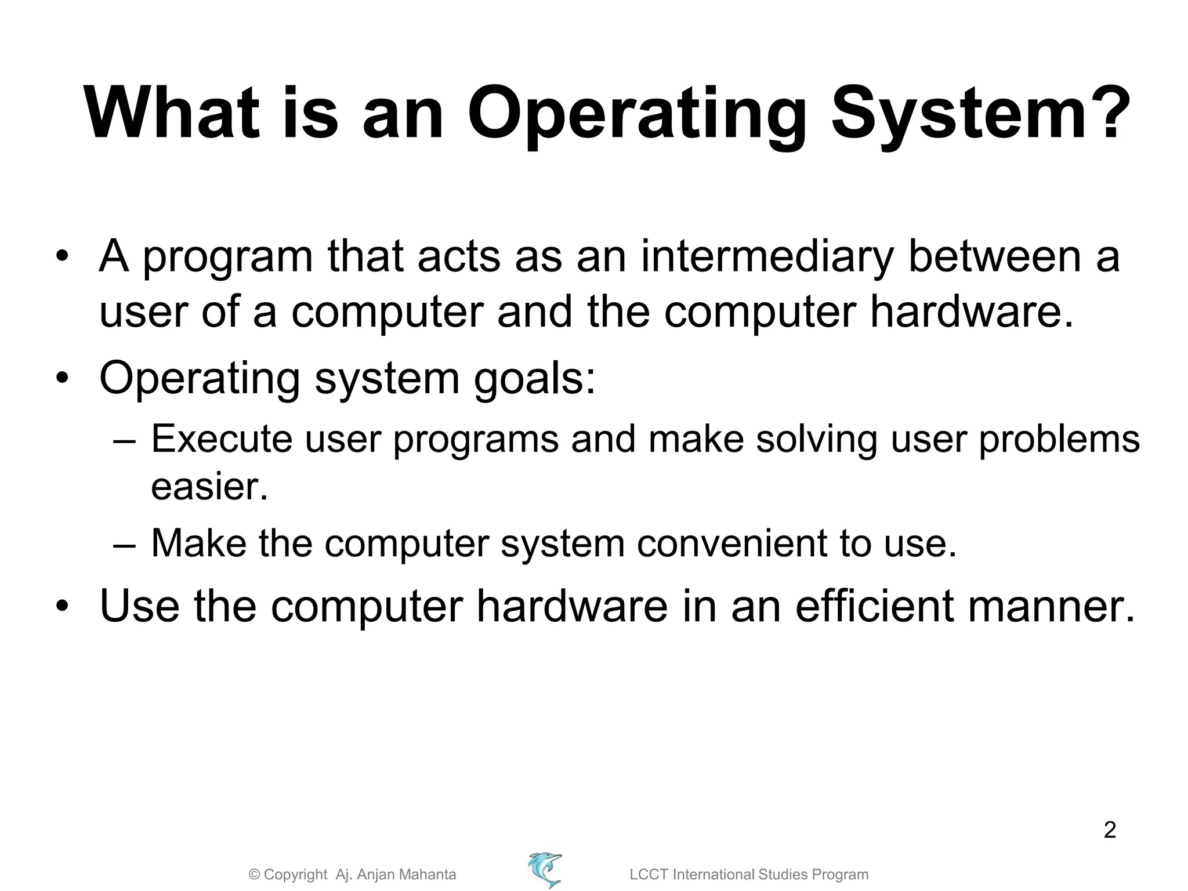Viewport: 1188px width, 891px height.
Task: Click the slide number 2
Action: point(1109,830)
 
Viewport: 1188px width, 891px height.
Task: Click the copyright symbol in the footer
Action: point(254,875)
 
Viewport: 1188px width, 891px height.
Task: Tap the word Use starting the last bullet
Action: point(139,607)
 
